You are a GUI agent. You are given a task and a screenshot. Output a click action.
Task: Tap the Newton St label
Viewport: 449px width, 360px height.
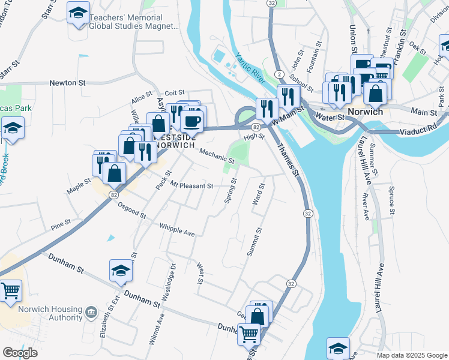click(67, 83)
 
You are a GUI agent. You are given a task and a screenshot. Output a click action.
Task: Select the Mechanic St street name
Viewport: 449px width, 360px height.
click(216, 156)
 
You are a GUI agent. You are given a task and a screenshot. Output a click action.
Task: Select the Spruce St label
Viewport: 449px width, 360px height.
click(392, 200)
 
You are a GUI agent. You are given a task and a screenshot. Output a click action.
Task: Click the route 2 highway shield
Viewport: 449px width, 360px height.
click(280, 73)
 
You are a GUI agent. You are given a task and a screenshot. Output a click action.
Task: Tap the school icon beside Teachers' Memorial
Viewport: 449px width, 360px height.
click(78, 14)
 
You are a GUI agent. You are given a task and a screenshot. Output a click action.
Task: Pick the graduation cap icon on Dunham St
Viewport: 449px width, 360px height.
click(121, 272)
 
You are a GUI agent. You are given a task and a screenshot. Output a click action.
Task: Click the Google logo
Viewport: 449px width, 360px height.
click(20, 353)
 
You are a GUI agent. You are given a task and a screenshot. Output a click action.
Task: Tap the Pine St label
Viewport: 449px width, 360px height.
click(61, 226)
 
